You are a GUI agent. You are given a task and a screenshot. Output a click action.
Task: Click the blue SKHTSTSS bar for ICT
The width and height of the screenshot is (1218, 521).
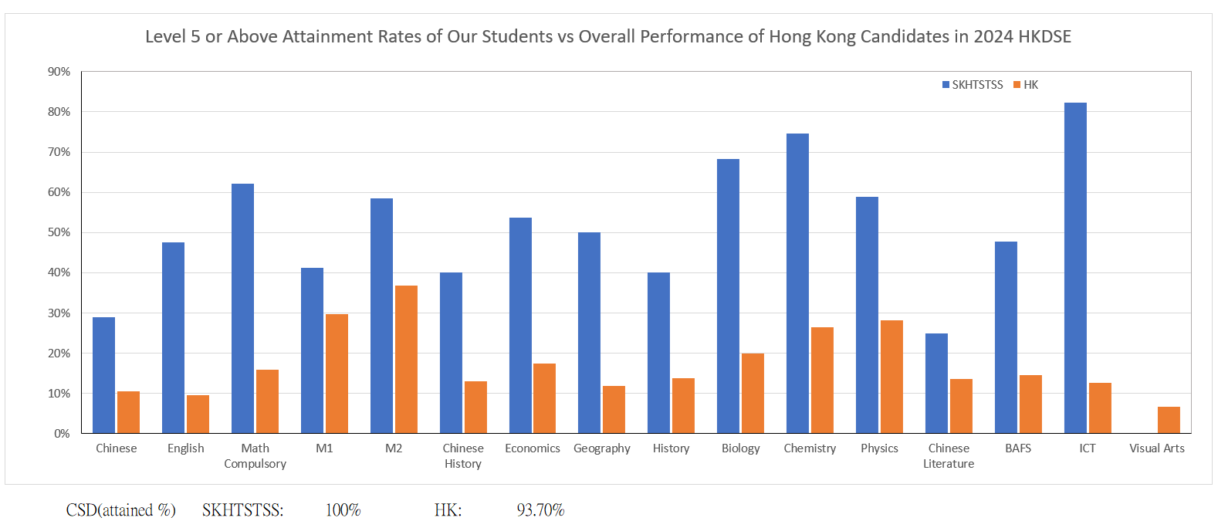click(1075, 268)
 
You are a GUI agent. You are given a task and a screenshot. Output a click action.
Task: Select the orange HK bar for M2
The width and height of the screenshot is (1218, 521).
click(406, 359)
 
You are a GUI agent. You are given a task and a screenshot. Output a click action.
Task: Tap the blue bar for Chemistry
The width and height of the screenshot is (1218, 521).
click(797, 283)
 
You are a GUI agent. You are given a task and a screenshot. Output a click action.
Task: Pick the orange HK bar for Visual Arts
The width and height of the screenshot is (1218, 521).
click(1169, 420)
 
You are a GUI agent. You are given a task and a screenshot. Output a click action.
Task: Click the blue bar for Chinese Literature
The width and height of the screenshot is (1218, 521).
click(936, 383)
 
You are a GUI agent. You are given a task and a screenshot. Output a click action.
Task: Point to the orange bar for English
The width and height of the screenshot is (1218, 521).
click(198, 414)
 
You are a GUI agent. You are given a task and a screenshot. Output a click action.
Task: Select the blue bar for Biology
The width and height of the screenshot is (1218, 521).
click(728, 296)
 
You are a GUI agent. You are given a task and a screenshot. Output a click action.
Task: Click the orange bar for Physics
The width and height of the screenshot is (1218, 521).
click(892, 377)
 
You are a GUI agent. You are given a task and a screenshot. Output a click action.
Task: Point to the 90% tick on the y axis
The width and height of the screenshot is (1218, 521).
click(59, 72)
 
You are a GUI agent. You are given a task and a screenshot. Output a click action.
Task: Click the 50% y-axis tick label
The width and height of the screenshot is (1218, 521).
click(59, 232)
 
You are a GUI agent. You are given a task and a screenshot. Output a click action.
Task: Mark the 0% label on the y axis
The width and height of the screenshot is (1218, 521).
click(62, 434)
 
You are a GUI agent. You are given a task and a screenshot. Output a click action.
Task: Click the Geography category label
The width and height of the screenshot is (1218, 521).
click(602, 448)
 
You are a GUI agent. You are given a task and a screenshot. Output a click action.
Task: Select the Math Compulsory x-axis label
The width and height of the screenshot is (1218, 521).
click(255, 456)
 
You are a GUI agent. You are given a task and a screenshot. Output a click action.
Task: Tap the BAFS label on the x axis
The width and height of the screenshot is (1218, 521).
click(1018, 448)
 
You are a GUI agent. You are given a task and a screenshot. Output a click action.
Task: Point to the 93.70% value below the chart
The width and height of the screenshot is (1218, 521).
click(540, 510)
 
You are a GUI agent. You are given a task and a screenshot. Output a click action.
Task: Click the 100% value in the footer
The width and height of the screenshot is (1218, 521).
click(343, 510)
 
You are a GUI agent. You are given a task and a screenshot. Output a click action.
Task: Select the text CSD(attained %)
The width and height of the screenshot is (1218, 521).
click(120, 510)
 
